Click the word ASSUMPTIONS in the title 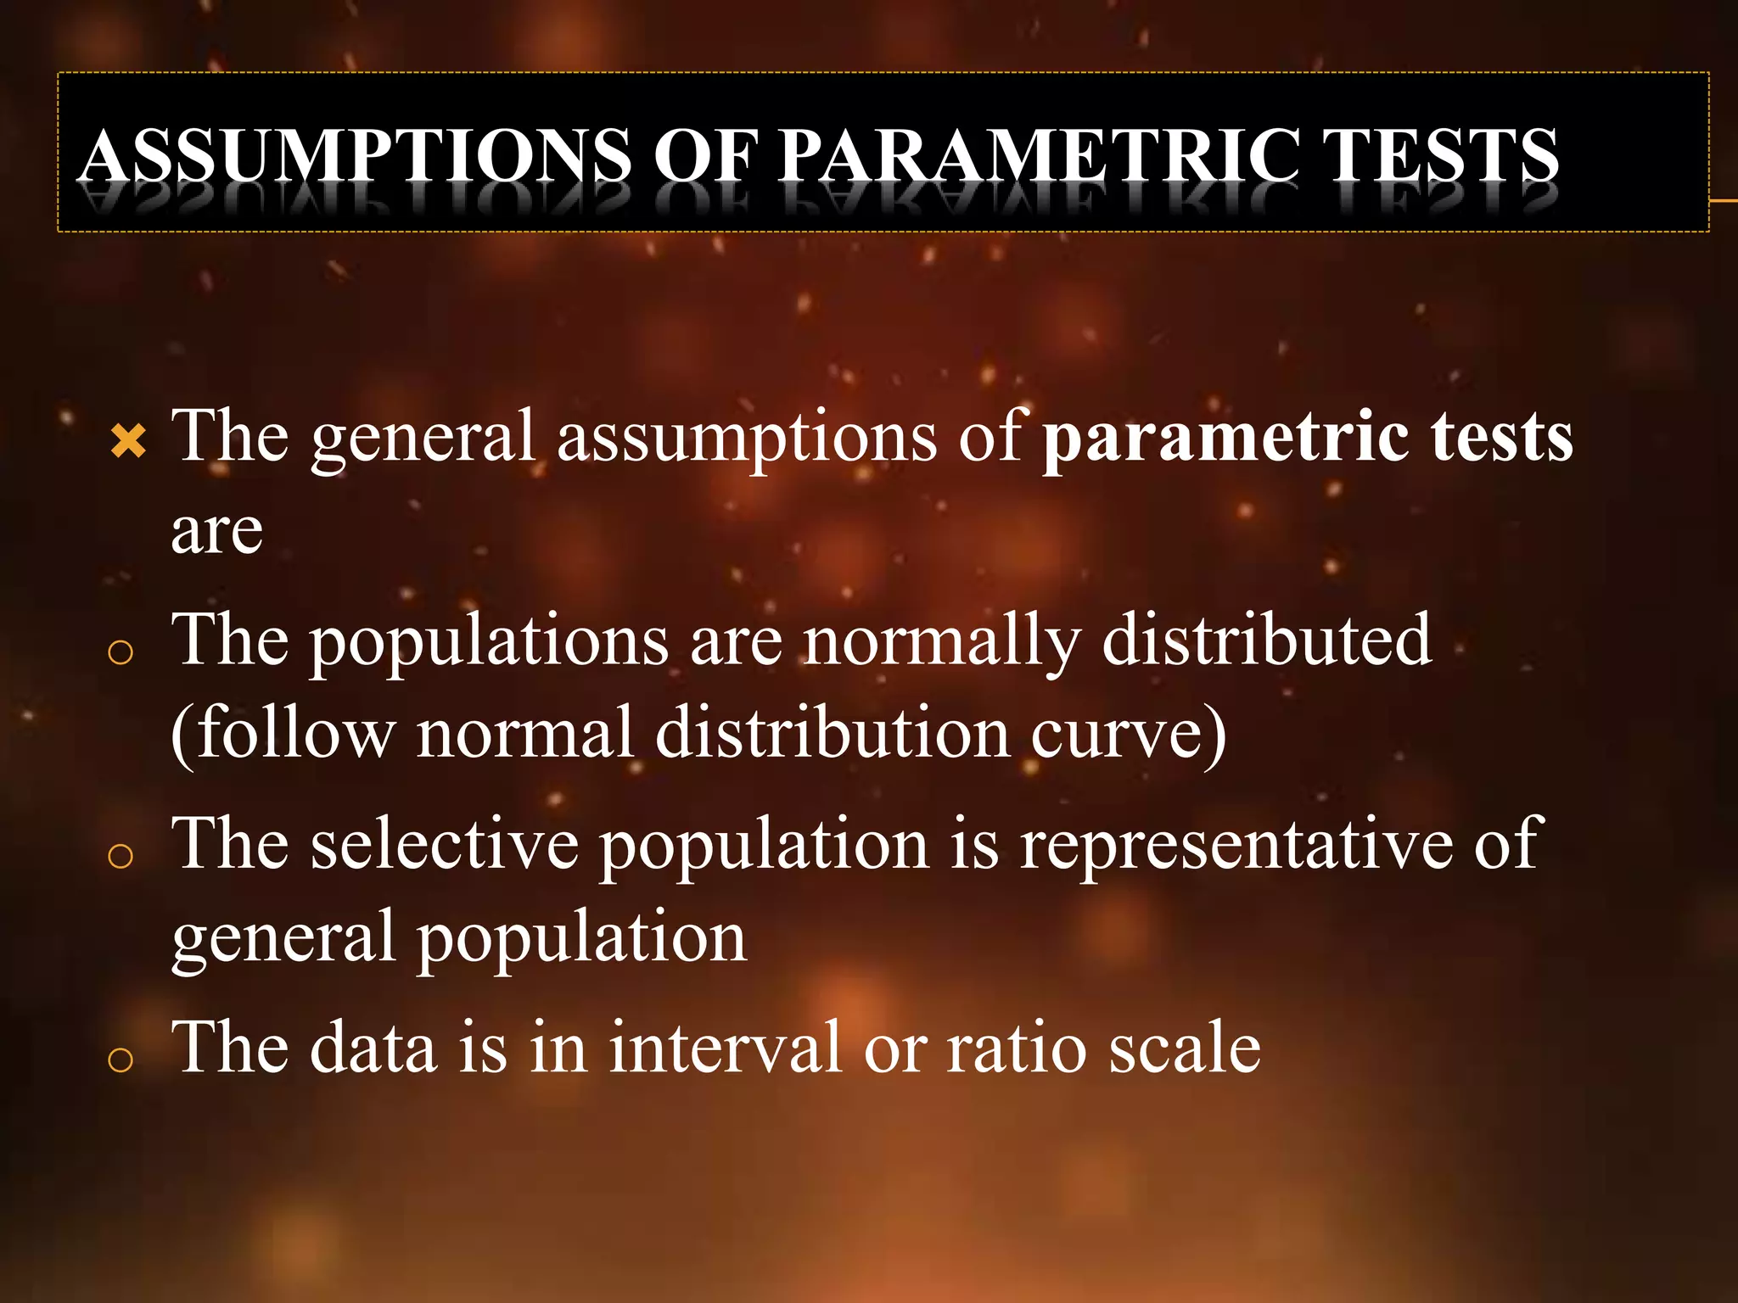[356, 155]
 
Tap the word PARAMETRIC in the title [1039, 155]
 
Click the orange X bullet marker [128, 440]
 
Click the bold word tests [1501, 437]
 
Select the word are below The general [216, 532]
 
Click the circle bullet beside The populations [121, 651]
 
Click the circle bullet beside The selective [121, 856]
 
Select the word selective [445, 844]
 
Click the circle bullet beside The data [121, 1059]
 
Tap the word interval [725, 1048]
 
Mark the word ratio [1017, 1048]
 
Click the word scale [1185, 1048]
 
